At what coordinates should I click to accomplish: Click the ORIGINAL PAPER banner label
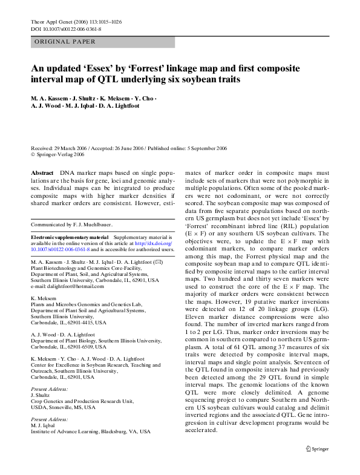click(x=61, y=42)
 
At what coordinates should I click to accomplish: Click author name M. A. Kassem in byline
click(x=51, y=98)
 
